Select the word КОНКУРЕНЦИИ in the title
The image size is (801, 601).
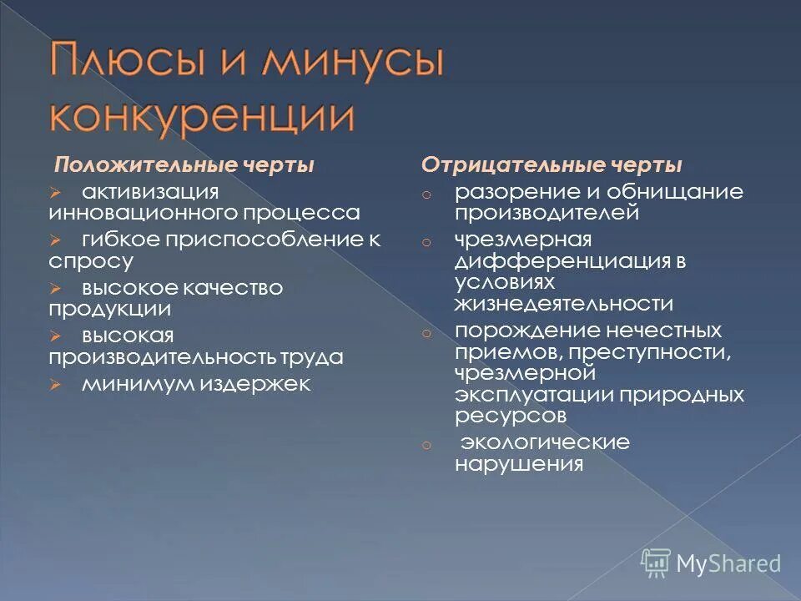pos(200,116)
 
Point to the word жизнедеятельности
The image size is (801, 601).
pos(564,303)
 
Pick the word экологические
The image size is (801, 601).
pos(547,442)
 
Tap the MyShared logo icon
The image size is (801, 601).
pos(657,563)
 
